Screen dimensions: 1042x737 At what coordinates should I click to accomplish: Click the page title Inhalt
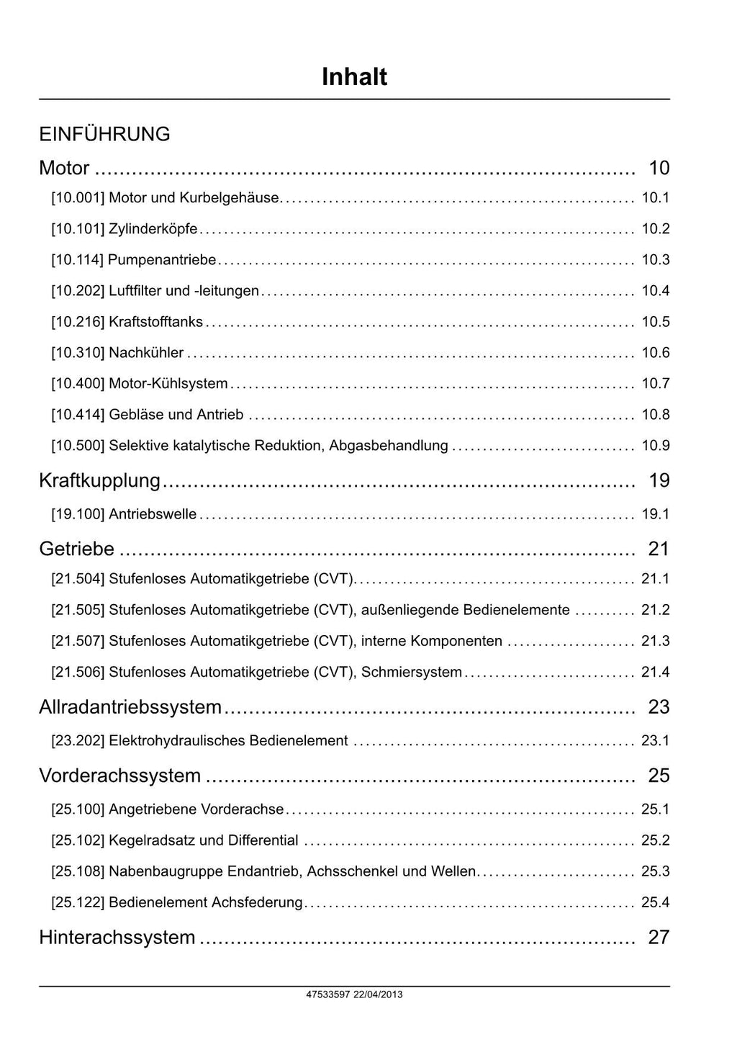[354, 77]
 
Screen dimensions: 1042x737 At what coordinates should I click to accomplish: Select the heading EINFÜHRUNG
[104, 134]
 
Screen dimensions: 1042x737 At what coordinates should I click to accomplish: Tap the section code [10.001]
[78, 198]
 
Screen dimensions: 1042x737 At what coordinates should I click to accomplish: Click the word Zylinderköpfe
[153, 229]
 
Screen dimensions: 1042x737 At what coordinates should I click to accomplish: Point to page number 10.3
[655, 260]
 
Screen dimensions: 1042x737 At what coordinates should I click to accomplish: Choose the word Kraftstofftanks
[155, 322]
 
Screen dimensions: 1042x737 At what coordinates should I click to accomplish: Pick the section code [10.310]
[78, 353]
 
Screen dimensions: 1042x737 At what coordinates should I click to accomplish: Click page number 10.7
[655, 384]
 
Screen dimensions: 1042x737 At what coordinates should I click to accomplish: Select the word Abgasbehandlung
[389, 446]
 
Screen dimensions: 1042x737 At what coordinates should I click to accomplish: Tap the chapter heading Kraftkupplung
[99, 480]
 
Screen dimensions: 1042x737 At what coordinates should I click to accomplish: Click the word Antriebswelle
[153, 514]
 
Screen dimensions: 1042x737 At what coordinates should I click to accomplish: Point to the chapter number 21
[659, 549]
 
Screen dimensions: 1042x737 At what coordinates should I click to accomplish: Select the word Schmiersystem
[411, 672]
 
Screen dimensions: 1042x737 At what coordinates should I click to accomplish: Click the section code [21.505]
[78, 610]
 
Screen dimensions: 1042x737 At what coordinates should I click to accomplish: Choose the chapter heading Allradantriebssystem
[130, 706]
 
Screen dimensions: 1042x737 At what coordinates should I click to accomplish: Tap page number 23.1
[655, 740]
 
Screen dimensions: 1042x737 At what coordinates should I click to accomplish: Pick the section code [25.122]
[78, 902]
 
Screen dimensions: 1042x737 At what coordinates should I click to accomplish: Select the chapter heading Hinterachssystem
[117, 937]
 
